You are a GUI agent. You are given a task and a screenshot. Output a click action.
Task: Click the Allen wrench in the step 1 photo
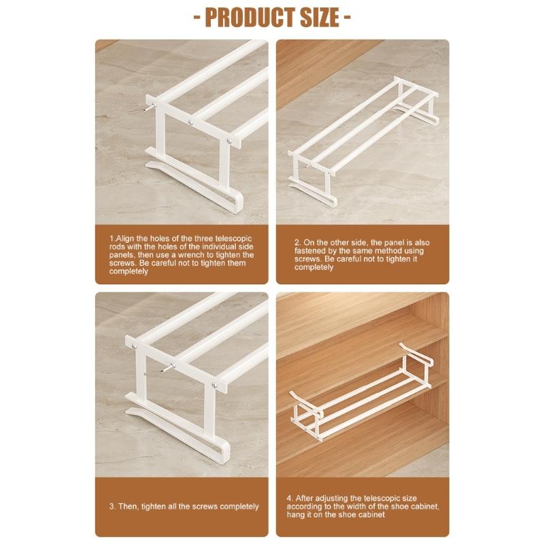150,106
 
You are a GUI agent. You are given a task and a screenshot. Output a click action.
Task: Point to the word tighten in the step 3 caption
163,506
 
